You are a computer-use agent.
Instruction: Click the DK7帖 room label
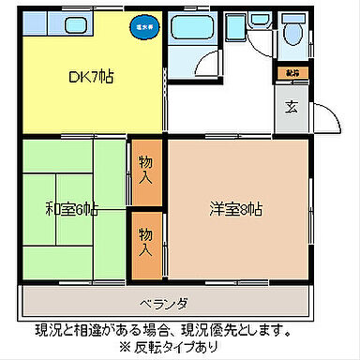[x=92, y=77]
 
